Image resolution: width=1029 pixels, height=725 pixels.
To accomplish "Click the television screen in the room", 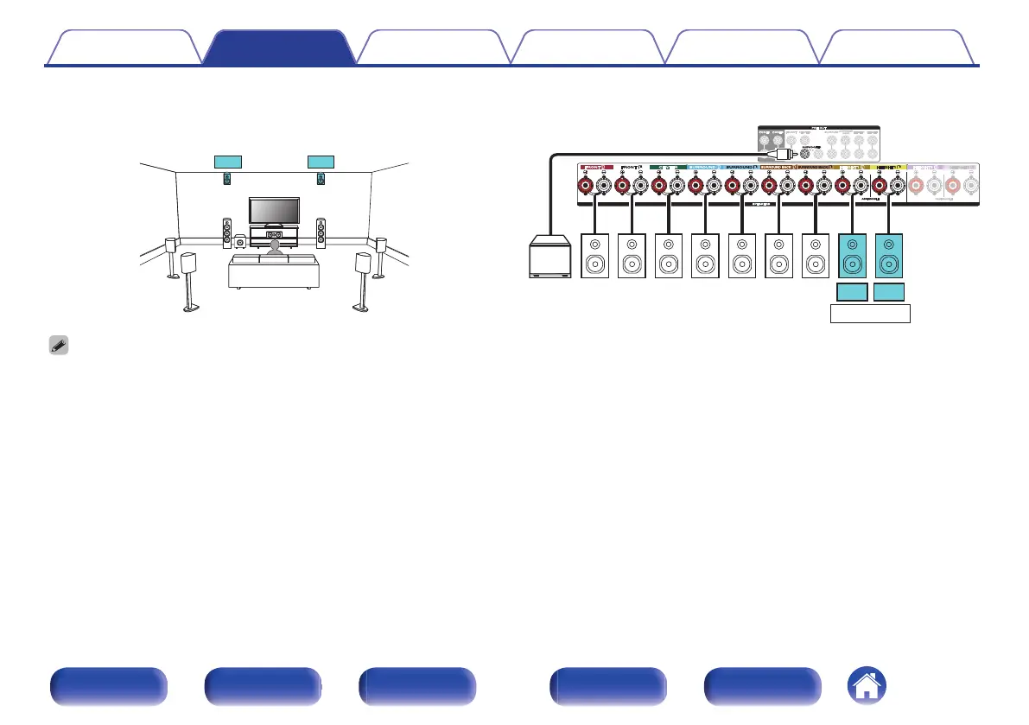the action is point(275,210).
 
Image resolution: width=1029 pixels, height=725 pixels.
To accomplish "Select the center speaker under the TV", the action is point(275,235).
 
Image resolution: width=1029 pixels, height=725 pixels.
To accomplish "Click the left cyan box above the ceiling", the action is point(228,161).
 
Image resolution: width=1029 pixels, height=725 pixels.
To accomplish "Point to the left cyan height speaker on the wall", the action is point(227,179).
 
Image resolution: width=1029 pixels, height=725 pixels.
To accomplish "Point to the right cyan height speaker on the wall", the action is point(321,179).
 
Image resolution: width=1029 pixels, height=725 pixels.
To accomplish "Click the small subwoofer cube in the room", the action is point(239,243).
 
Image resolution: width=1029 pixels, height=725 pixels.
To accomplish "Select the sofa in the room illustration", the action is point(273,270).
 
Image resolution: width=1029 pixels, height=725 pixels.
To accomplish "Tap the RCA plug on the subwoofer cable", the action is point(782,153).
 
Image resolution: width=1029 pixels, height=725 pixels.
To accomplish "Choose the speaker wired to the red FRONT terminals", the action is point(596,256).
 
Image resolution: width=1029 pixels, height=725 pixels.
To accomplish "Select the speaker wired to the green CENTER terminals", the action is point(669,256).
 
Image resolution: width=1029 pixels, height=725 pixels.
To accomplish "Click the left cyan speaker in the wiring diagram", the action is point(853,256).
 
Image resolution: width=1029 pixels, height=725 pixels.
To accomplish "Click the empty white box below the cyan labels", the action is point(871,313).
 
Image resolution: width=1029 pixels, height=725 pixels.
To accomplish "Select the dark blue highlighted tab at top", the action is point(278,48).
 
